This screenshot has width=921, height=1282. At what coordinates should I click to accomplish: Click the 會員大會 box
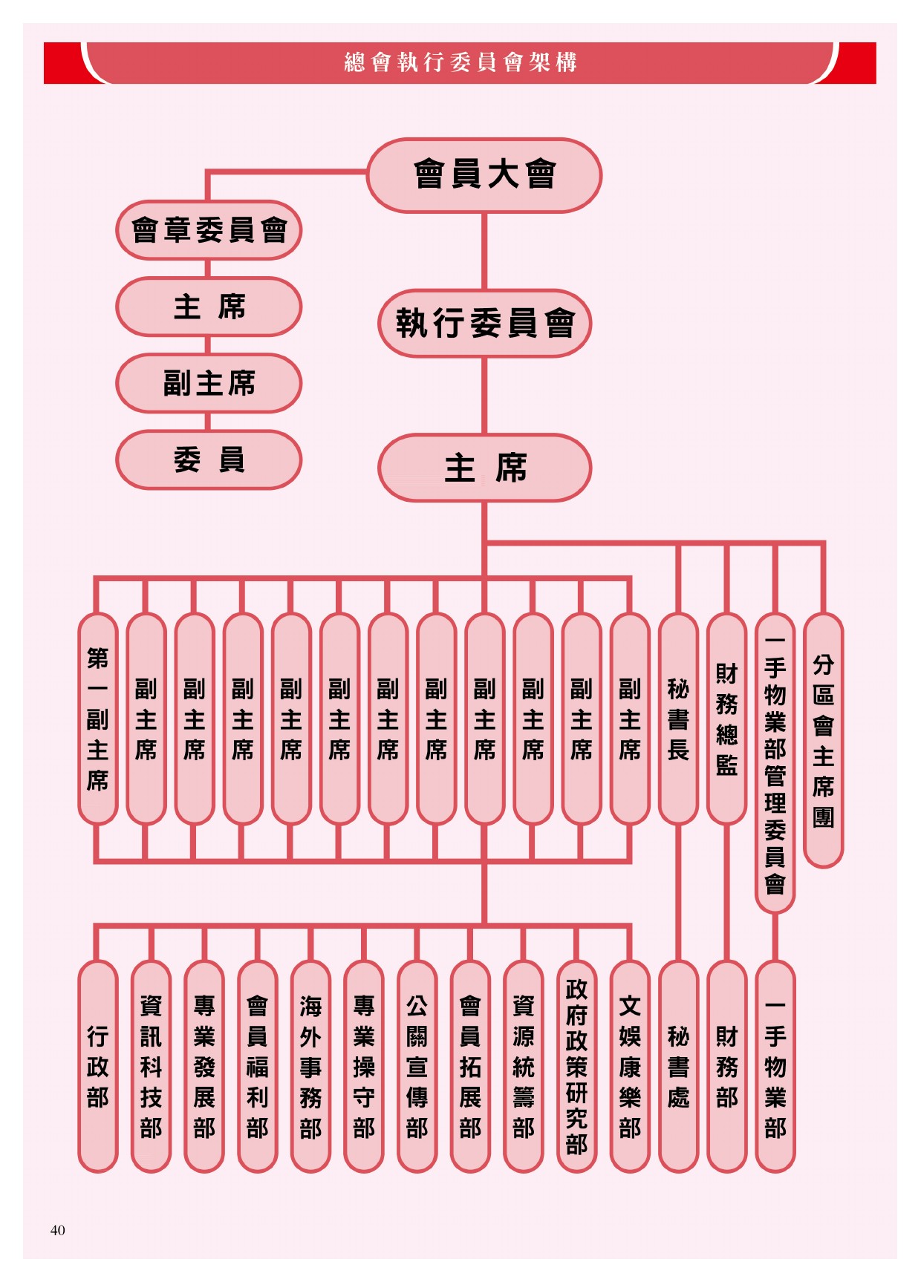click(484, 175)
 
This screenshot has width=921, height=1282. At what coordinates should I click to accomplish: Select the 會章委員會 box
click(209, 230)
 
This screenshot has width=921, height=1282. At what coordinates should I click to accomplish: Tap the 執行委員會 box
click(485, 323)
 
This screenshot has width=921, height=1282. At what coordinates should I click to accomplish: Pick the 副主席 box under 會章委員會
click(209, 383)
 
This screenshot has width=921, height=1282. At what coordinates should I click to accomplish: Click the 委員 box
click(209, 460)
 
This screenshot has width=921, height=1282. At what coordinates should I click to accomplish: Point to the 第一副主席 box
click(98, 719)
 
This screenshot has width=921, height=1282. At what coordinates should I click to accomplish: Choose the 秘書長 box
click(678, 719)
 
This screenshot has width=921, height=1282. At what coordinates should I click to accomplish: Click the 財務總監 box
click(726, 719)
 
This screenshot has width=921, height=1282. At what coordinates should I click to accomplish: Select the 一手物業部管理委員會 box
click(775, 763)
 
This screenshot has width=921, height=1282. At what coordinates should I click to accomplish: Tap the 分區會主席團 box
click(823, 740)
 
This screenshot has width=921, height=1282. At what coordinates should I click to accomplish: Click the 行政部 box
click(98, 1066)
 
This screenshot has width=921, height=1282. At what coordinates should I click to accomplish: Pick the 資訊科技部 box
click(151, 1066)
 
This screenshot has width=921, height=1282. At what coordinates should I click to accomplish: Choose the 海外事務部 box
click(310, 1066)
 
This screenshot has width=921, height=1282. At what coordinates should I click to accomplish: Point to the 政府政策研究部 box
click(576, 1066)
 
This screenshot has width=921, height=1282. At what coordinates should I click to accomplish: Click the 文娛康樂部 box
click(630, 1066)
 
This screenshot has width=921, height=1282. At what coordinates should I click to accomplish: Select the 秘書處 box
click(678, 1066)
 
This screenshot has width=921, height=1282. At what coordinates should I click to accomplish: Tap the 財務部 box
click(726, 1066)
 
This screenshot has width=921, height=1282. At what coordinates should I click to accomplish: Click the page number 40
click(58, 1230)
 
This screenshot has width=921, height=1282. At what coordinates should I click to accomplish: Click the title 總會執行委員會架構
click(461, 62)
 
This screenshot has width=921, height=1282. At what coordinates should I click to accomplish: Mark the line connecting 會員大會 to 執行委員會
click(484, 251)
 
